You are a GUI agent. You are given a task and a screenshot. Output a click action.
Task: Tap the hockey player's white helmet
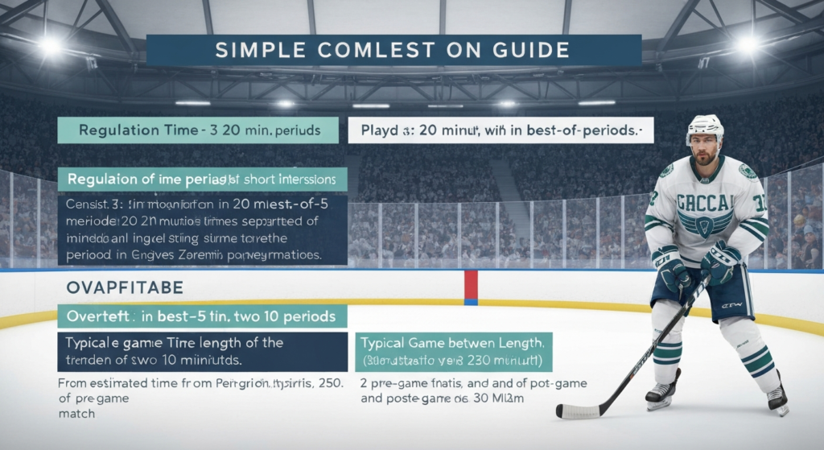tap(705, 127)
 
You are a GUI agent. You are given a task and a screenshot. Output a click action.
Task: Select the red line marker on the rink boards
tap(471, 287)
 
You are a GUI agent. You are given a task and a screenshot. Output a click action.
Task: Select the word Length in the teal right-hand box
tap(518, 343)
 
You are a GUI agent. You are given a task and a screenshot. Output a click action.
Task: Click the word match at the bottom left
tap(76, 414)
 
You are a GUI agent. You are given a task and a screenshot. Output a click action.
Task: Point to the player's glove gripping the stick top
tap(720, 262)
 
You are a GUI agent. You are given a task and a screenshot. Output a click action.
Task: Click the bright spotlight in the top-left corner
tap(50, 46)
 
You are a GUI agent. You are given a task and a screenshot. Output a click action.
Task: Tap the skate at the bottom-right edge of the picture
tap(777, 398)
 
